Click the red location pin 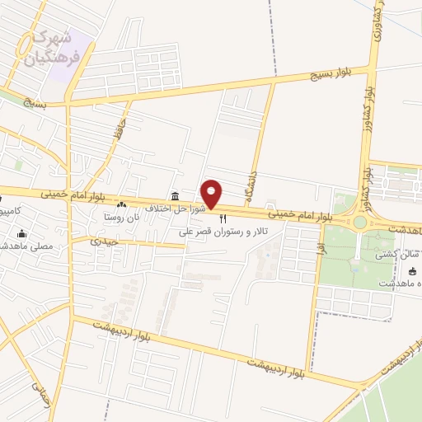(212, 194)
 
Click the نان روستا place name (121, 218)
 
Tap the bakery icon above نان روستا (122, 204)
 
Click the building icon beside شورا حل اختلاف (174, 196)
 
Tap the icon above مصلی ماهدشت (21, 233)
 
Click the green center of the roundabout (359, 222)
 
